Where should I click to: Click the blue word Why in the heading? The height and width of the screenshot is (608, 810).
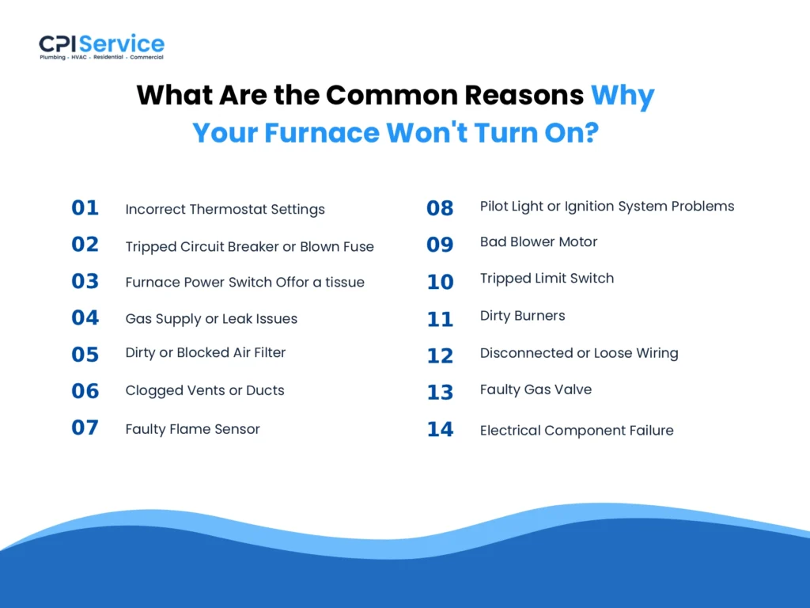click(623, 95)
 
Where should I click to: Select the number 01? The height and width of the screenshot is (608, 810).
click(85, 208)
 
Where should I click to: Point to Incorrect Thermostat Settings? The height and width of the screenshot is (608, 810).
click(225, 210)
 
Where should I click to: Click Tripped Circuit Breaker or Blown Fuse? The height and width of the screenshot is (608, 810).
click(249, 246)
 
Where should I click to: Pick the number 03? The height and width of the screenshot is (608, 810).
click(85, 282)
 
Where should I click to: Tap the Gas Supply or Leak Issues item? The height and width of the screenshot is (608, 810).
click(211, 319)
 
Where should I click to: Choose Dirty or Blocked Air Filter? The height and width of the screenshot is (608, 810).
click(205, 353)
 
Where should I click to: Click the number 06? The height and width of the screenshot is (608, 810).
click(85, 391)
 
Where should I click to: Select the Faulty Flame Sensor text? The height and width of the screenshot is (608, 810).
click(192, 429)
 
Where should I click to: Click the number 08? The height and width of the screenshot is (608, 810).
click(440, 208)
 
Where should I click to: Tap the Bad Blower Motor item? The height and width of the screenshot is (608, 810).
click(539, 241)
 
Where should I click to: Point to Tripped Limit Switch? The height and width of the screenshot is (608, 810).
click(547, 279)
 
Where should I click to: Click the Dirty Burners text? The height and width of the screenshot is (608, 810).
click(522, 316)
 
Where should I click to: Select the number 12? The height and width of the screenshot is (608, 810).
click(440, 356)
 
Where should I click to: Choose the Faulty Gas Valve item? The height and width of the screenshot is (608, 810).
click(536, 389)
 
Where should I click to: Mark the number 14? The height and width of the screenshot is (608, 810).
click(440, 430)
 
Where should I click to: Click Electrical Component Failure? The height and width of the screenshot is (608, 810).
click(577, 431)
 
